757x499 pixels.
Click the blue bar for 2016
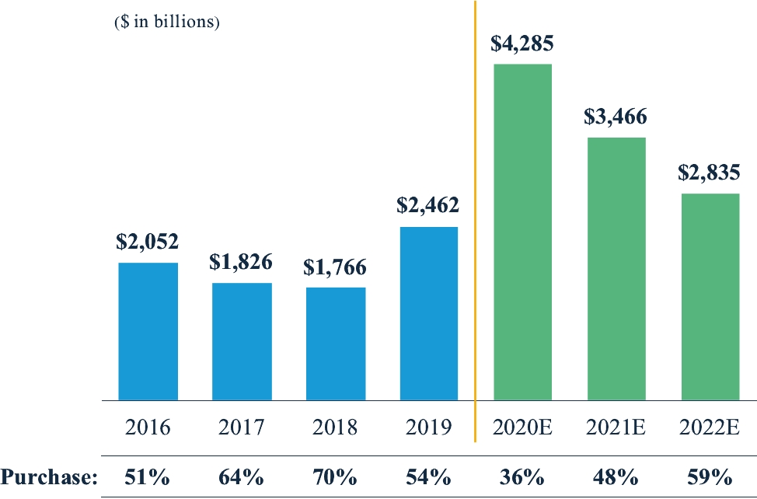[148, 331]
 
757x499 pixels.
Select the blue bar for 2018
[336, 344]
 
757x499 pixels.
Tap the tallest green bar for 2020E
[523, 232]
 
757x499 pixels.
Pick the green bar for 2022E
[710, 297]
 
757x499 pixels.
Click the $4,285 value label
[522, 43]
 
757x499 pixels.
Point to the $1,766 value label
[335, 267]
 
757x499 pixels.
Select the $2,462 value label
[428, 206]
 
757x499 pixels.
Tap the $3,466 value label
[616, 117]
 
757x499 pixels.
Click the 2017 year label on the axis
[242, 427]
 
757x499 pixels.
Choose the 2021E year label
[616, 427]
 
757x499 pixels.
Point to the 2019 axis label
[429, 427]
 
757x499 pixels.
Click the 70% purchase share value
[336, 476]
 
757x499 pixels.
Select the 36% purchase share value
[522, 476]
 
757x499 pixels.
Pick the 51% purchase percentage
[148, 476]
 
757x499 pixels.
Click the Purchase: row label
[48, 476]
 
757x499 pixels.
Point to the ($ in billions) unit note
[167, 22]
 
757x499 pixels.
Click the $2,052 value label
[148, 242]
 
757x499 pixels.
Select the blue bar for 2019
[429, 313]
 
